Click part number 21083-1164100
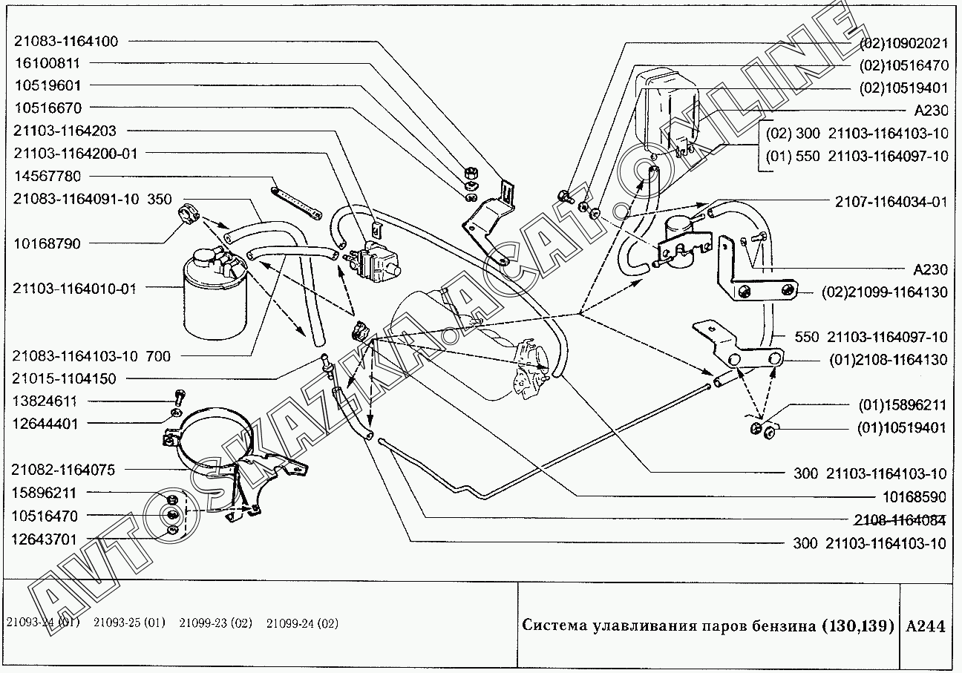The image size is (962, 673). pyautogui.click(x=65, y=41)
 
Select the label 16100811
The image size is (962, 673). pyautogui.click(x=46, y=64)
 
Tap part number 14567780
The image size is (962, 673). pyautogui.click(x=46, y=176)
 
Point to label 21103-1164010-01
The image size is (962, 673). pyautogui.click(x=75, y=289)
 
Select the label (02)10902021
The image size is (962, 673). pyautogui.click(x=903, y=43)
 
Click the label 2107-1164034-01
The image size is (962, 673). pyautogui.click(x=891, y=202)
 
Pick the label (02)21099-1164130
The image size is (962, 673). pyautogui.click(x=884, y=292)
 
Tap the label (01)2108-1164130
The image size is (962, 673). pyautogui.click(x=888, y=360)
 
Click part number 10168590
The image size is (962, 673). pyautogui.click(x=914, y=496)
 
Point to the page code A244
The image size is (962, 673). pyautogui.click(x=926, y=626)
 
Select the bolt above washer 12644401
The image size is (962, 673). pyautogui.click(x=177, y=397)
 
